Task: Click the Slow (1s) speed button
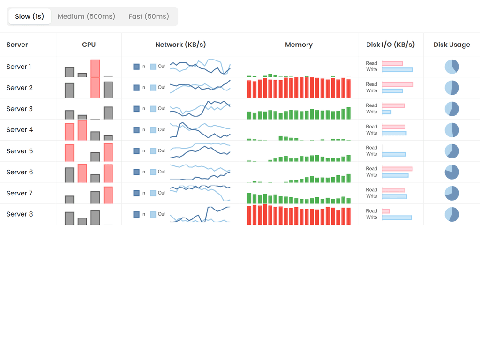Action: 30,16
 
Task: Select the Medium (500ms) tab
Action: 86,16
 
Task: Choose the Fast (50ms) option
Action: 149,16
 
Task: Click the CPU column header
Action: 89,45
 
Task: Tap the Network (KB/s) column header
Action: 180,45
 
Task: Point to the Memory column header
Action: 299,45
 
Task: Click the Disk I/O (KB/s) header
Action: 390,45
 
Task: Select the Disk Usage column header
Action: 451,45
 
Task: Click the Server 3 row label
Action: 20,109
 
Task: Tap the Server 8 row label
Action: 20,214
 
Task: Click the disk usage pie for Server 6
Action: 452,172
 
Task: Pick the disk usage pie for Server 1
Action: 452,67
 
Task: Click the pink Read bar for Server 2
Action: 397,84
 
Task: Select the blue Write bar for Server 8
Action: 397,217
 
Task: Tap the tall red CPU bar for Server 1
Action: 95,68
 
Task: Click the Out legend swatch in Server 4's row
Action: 153,130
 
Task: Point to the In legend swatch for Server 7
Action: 136,193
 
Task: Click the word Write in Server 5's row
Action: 372,154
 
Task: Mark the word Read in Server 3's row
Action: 372,105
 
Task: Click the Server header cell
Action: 17,45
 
